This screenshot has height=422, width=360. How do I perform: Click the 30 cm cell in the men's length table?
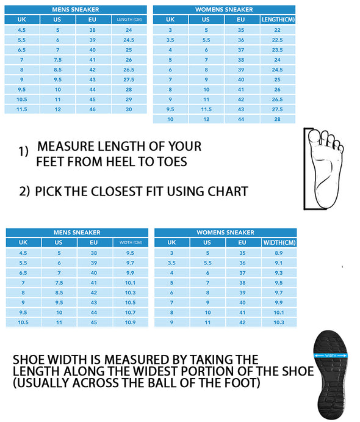[x=129, y=109]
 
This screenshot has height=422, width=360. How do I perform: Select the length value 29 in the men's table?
[x=129, y=100]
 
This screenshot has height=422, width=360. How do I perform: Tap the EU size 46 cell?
[x=92, y=109]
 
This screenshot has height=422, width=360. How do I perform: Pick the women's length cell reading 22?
[x=277, y=30]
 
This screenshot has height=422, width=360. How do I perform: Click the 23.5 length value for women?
[x=277, y=50]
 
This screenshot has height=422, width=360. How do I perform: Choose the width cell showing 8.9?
[x=278, y=253]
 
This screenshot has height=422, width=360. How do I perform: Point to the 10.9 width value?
[x=130, y=322]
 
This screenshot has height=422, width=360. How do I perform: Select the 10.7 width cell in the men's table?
[x=130, y=312]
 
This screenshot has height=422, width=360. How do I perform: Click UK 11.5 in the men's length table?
[x=22, y=109]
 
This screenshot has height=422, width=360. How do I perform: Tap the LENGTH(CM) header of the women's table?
[x=278, y=20]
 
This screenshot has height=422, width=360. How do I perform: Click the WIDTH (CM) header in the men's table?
[x=131, y=242]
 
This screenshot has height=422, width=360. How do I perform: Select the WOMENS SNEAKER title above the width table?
[x=225, y=232]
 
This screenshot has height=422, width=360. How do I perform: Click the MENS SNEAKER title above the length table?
[x=76, y=9]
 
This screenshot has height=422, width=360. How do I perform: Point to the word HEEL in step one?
[x=120, y=162]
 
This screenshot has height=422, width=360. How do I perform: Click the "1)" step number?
[x=23, y=151]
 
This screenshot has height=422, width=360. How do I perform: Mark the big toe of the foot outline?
[x=314, y=136]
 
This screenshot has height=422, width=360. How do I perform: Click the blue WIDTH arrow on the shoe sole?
[x=331, y=355]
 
